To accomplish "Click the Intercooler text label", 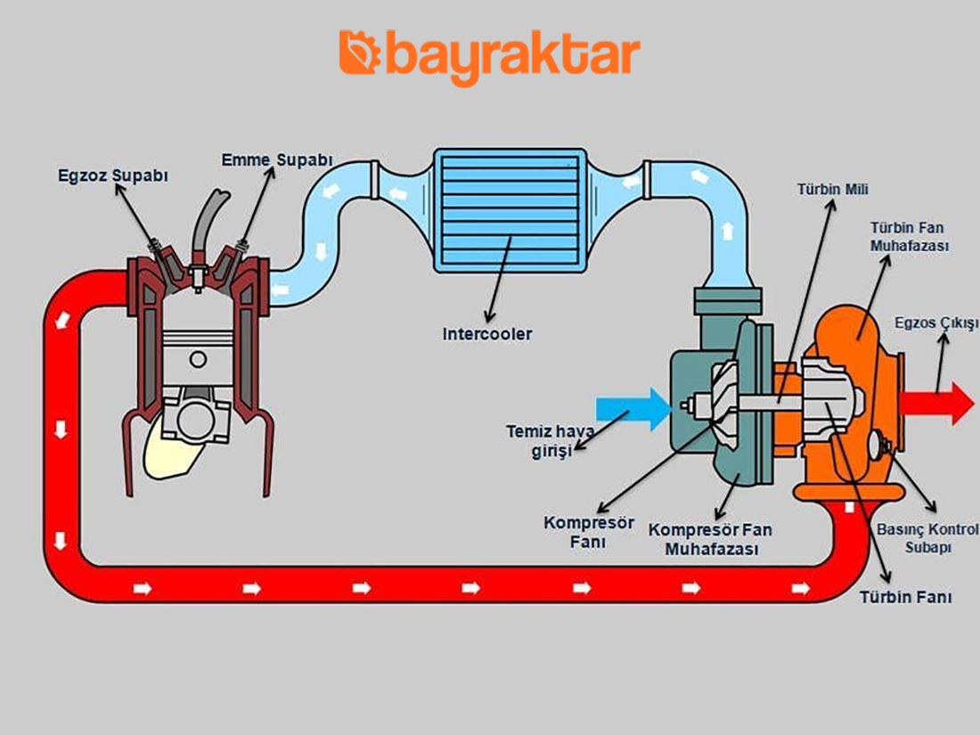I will pos(486,334).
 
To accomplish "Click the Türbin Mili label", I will pos(833,189).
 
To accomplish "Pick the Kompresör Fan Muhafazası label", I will pos(710,540).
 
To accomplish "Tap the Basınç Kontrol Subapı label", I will pos(926,538).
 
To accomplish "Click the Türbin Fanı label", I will pos(905,597).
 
